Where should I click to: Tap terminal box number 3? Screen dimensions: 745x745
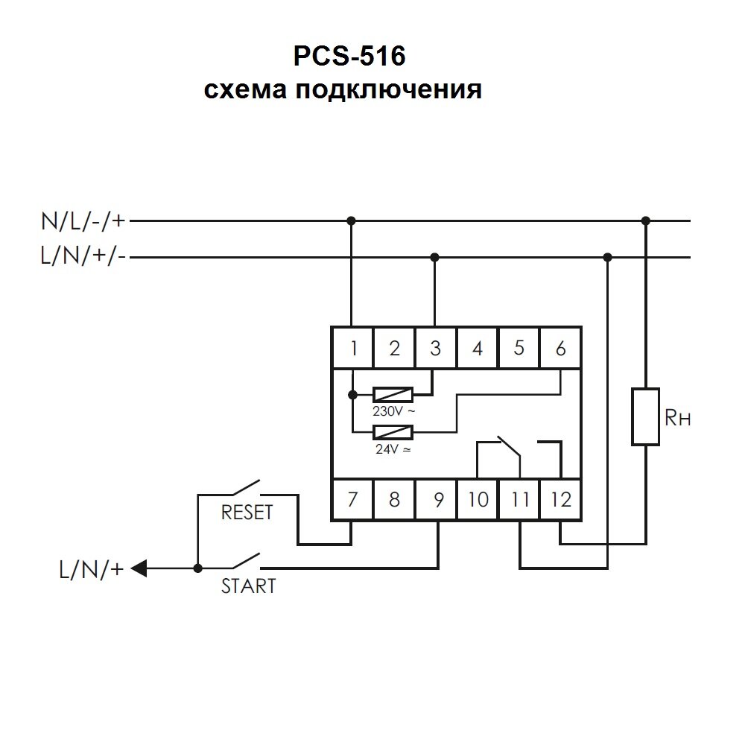click(436, 348)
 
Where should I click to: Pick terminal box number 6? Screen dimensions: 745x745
click(560, 348)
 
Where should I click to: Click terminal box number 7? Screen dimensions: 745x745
click(352, 498)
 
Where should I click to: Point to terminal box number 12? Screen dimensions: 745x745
click(560, 498)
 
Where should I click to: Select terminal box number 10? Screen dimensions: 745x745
click(478, 498)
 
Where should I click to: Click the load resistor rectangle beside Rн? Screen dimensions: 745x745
click(646, 416)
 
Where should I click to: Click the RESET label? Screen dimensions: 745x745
click(248, 513)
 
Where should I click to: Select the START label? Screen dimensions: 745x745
click(248, 586)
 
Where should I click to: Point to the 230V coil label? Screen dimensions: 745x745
click(393, 410)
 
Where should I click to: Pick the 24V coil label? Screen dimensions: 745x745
click(392, 449)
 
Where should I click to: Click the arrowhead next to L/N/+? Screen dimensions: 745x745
click(140, 568)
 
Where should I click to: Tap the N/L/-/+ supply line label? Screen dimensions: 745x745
click(84, 221)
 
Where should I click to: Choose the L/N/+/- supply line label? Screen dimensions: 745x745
click(84, 257)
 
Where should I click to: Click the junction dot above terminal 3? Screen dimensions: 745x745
click(435, 257)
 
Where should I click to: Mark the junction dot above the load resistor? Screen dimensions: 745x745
click(646, 221)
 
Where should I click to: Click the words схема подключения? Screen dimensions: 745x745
click(343, 90)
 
